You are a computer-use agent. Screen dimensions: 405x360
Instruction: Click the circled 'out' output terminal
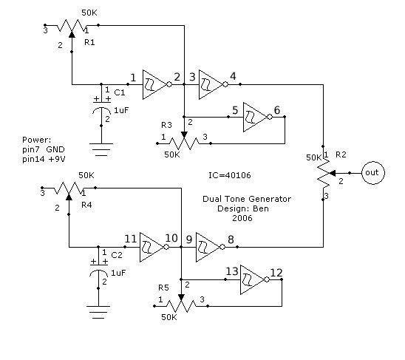(373, 173)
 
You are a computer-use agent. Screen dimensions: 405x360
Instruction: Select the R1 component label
(89, 42)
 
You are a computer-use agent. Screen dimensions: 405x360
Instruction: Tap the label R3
(166, 125)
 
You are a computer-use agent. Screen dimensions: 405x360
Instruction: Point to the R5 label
(163, 288)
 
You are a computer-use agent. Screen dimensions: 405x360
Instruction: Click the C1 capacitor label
(119, 92)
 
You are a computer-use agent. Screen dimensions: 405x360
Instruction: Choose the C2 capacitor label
(117, 255)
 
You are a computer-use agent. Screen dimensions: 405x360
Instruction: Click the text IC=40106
(230, 175)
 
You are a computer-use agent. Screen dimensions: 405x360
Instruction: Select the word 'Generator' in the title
(269, 199)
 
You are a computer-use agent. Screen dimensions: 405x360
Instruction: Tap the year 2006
(242, 218)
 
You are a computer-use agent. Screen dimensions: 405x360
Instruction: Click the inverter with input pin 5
(256, 117)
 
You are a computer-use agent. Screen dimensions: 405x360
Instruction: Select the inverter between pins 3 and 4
(213, 84)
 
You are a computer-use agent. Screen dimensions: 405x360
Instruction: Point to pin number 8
(231, 240)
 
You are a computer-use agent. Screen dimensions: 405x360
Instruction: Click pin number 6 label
(277, 110)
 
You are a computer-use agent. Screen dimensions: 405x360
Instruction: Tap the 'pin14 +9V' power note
(44, 159)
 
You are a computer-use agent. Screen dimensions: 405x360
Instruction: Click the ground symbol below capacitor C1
(101, 149)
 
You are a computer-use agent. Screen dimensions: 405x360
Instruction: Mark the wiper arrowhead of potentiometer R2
(333, 173)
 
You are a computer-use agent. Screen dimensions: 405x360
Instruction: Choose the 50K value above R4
(86, 175)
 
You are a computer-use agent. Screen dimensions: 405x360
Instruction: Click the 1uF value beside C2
(118, 273)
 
